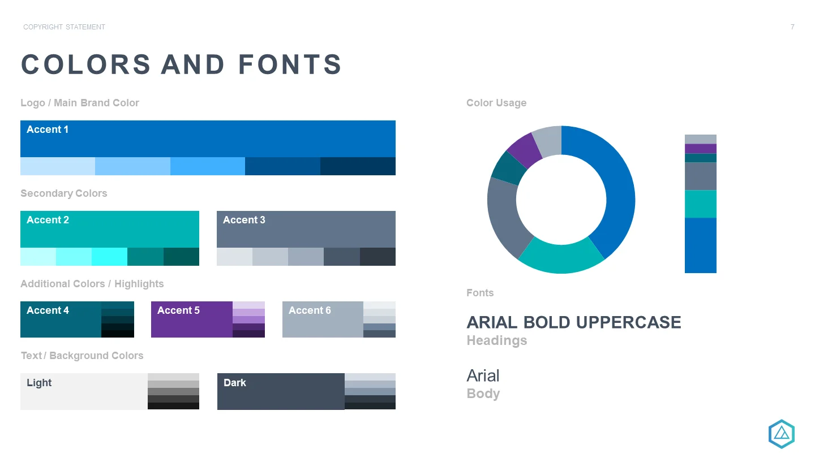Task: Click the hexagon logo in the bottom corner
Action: click(x=781, y=434)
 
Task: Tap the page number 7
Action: click(x=792, y=27)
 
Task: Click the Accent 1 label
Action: click(x=48, y=129)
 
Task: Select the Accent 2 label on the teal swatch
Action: click(x=48, y=220)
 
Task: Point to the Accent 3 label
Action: click(x=244, y=220)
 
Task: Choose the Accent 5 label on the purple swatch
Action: click(x=178, y=310)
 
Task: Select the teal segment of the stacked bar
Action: click(x=701, y=204)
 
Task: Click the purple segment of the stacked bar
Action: click(x=701, y=148)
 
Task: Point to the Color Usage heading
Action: click(x=496, y=103)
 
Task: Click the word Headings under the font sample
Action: click(x=497, y=340)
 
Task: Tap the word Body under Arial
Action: click(x=483, y=394)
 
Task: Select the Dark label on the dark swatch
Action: click(x=235, y=383)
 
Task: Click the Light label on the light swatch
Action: click(x=39, y=383)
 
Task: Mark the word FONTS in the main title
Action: click(x=290, y=64)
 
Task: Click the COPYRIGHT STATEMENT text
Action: click(x=64, y=27)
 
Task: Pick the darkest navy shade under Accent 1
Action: click(x=358, y=166)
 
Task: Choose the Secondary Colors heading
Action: click(x=63, y=193)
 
